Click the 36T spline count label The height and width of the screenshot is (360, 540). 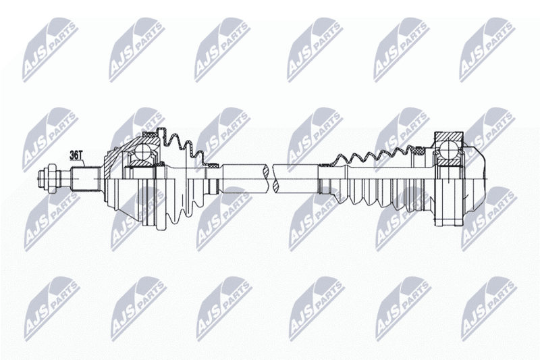coord(76,155)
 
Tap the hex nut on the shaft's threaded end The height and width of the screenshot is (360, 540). coord(51,178)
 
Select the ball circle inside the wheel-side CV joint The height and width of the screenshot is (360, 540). coord(142,151)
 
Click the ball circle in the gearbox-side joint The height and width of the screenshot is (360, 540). coord(449,150)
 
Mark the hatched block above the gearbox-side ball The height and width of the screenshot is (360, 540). coord(449,138)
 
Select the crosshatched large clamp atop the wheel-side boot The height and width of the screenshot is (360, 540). coord(151,134)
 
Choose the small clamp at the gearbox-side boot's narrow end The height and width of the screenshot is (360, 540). coord(325,165)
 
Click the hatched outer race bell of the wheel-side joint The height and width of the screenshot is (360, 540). coord(117,155)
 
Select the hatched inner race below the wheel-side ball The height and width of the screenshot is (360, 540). coord(142,162)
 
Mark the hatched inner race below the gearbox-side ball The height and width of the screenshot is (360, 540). coord(449,161)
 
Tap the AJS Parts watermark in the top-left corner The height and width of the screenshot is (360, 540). coord(49,51)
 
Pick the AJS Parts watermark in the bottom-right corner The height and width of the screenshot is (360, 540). coord(489,309)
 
